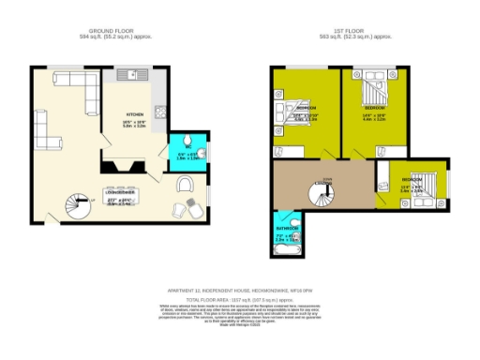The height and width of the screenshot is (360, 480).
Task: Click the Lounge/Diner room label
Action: coord(120,192)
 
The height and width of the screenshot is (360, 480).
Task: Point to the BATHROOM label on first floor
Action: coord(287,228)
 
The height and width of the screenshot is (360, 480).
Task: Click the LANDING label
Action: coord(327,180)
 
